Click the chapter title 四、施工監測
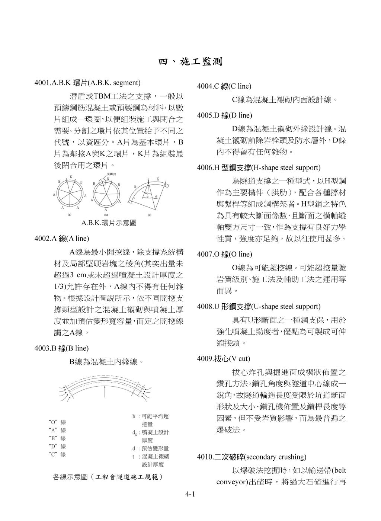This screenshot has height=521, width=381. coord(190,62)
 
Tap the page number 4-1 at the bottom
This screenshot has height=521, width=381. coord(190,495)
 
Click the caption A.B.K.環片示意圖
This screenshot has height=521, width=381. coord(109,223)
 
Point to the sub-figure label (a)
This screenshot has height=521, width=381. coord(70,215)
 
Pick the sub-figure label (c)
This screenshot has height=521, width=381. coord(150,215)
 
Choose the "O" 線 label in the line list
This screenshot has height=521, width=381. coord(57,422)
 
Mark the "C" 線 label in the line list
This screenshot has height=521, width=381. coord(57,454)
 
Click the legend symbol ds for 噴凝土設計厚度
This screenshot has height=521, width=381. coord(134,433)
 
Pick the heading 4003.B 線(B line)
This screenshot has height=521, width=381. coord(61,348)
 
